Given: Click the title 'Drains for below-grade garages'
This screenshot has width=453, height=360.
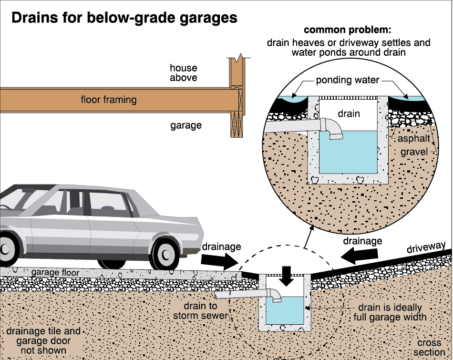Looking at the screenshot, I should (124, 18).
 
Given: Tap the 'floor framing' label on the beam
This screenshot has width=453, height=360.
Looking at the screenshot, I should (109, 100).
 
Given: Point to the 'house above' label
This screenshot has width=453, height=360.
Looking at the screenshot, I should (184, 72).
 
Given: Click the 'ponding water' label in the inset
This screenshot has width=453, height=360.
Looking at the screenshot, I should (349, 80).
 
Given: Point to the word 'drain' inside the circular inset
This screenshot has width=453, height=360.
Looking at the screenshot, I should (349, 113).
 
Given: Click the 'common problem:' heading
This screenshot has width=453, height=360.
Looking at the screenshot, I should (349, 30).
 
